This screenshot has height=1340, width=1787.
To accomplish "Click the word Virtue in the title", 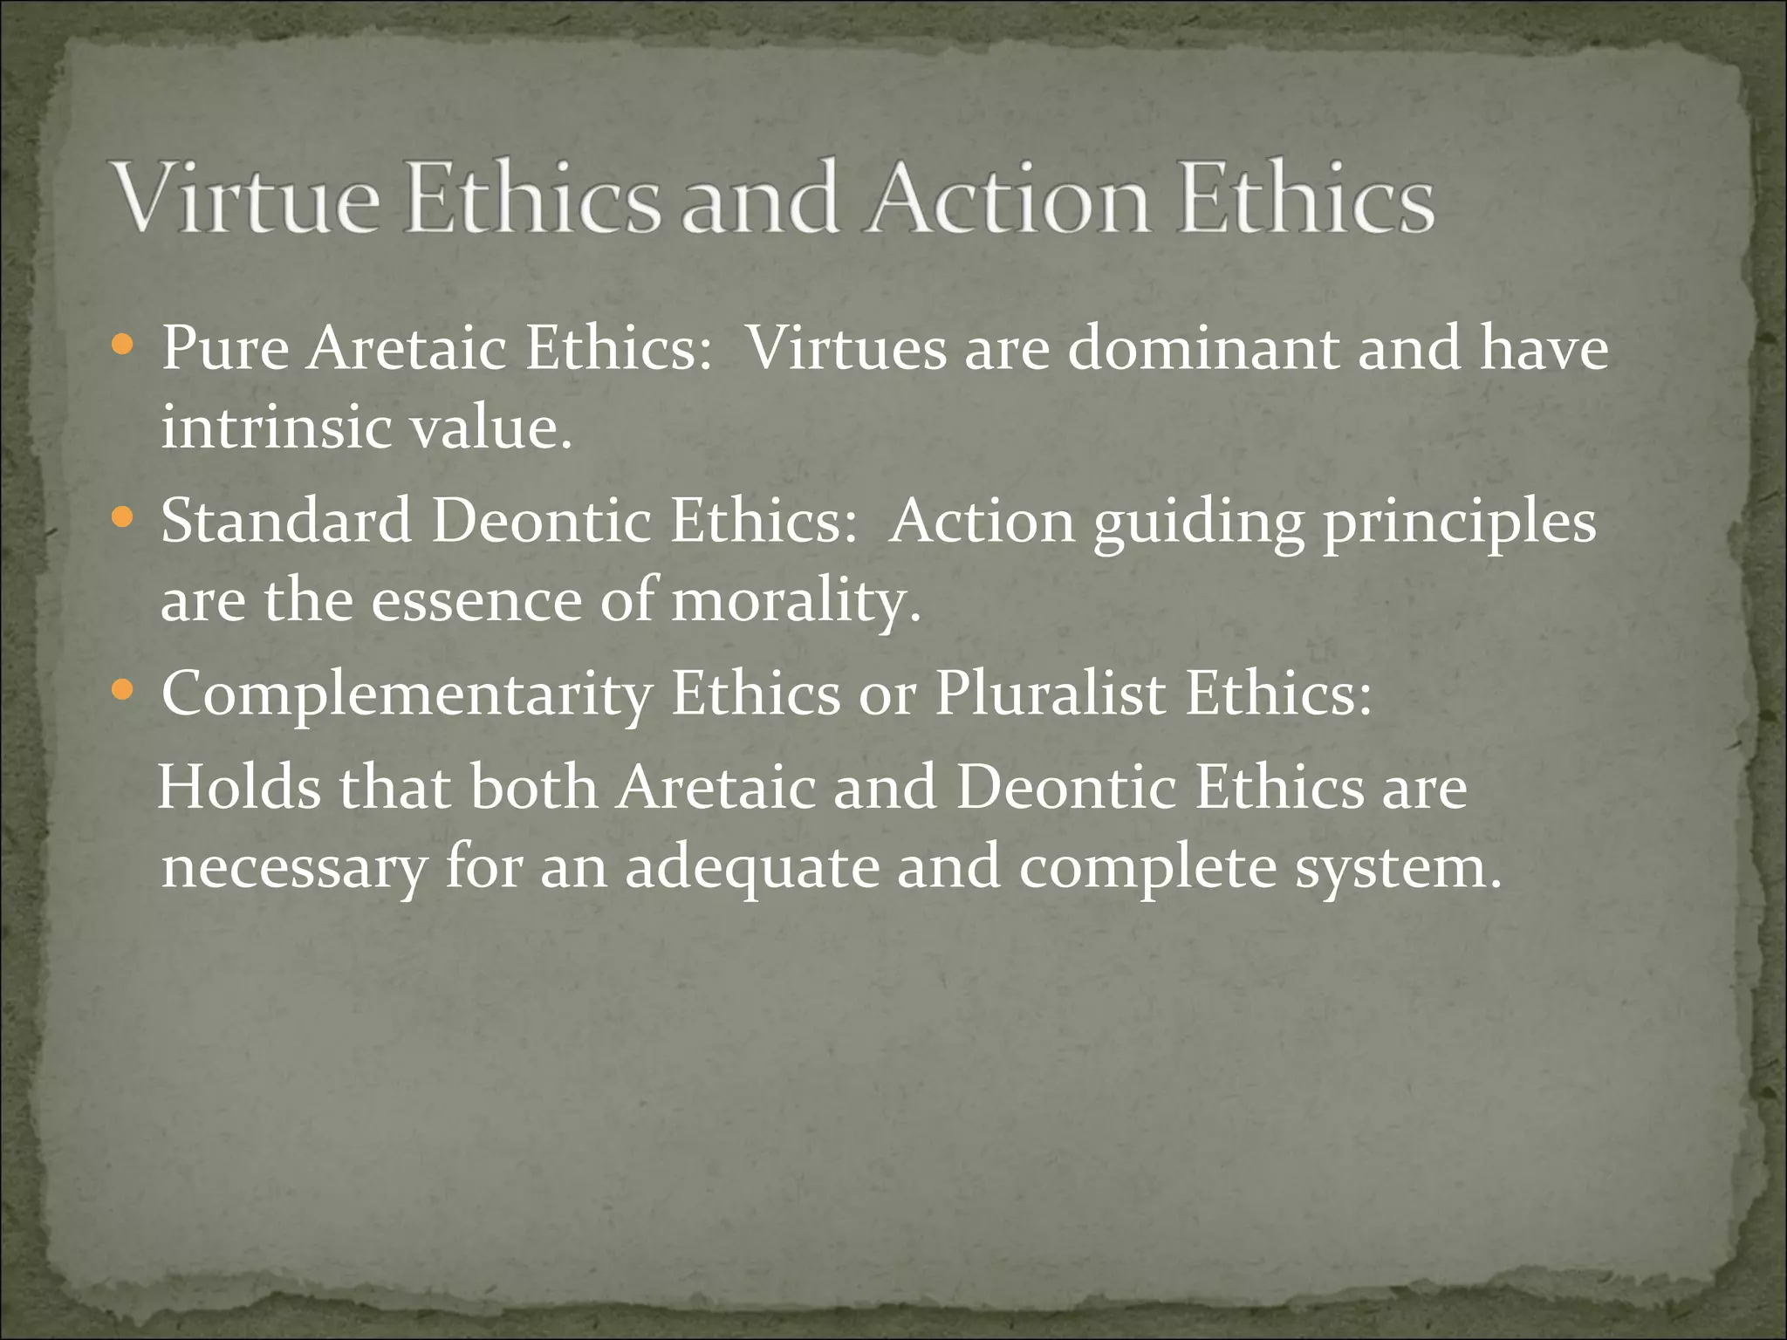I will tap(248, 199).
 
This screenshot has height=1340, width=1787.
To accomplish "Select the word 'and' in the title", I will tap(758, 199).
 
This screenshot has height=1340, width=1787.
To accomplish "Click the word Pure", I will tap(225, 349).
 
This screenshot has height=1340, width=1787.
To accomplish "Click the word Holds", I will tap(240, 787).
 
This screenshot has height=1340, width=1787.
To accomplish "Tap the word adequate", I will tap(752, 869).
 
